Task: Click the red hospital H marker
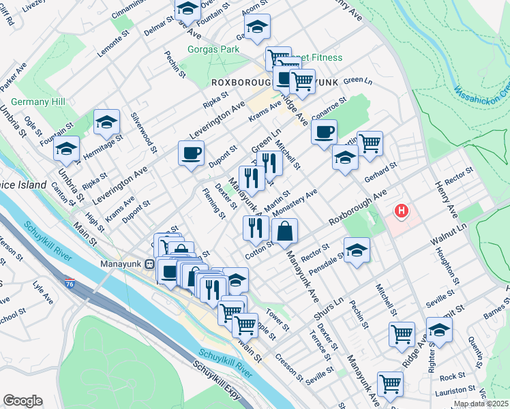coord(402,211)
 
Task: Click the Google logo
coord(22,400)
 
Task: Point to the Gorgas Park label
coord(213,50)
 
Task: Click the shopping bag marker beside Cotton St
coord(285,231)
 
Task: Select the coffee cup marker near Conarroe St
coord(325,132)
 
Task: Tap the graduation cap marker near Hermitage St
coord(106,121)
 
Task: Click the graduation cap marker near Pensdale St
coord(357,250)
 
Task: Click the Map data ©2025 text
coord(481,404)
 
